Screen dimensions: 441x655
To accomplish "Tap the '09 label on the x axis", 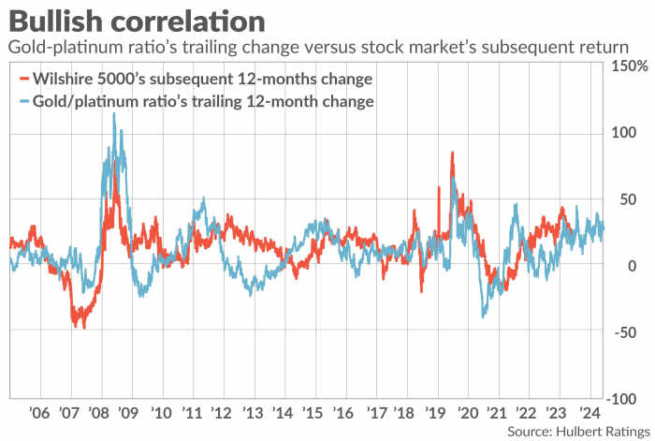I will [x=130, y=412].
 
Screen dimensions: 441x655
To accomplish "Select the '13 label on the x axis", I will [x=253, y=412].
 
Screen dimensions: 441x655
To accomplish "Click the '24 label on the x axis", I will [x=589, y=412].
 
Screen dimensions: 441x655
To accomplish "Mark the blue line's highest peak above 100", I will [x=114, y=114].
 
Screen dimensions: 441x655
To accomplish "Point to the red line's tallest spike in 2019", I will [x=453, y=153].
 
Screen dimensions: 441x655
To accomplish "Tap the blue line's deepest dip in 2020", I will [x=484, y=316].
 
